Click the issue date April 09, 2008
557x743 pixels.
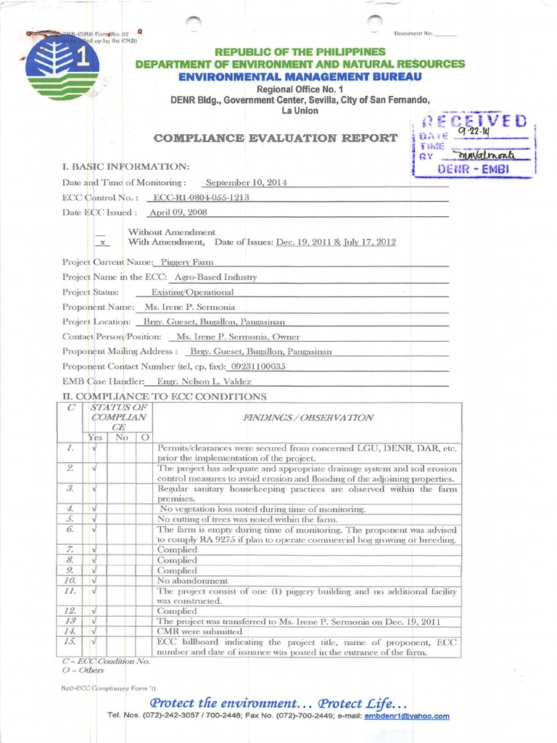[x=176, y=213]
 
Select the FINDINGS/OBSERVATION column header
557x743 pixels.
[x=308, y=417]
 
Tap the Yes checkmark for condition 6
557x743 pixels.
[x=95, y=530]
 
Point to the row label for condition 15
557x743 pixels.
[x=71, y=641]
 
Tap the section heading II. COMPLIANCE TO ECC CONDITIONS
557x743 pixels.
[x=165, y=396]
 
